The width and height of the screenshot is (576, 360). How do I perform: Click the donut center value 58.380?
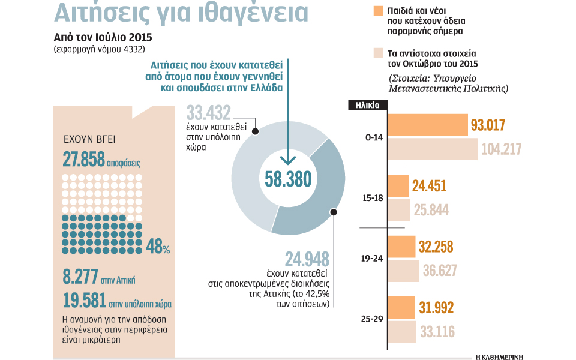click(287, 179)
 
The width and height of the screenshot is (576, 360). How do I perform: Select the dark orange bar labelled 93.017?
click(428, 125)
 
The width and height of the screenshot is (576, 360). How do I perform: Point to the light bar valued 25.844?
click(399, 210)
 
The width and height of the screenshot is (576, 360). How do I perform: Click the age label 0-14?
click(373, 137)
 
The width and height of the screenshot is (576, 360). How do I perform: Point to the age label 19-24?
click(372, 259)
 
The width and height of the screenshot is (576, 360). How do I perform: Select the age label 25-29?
click(372, 319)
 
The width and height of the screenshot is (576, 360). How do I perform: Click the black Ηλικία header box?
click(367, 104)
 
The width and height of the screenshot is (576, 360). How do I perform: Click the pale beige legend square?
click(377, 52)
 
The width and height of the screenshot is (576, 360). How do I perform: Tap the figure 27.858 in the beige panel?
click(83, 158)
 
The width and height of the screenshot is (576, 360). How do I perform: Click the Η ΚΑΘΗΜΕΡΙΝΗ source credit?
click(499, 356)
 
